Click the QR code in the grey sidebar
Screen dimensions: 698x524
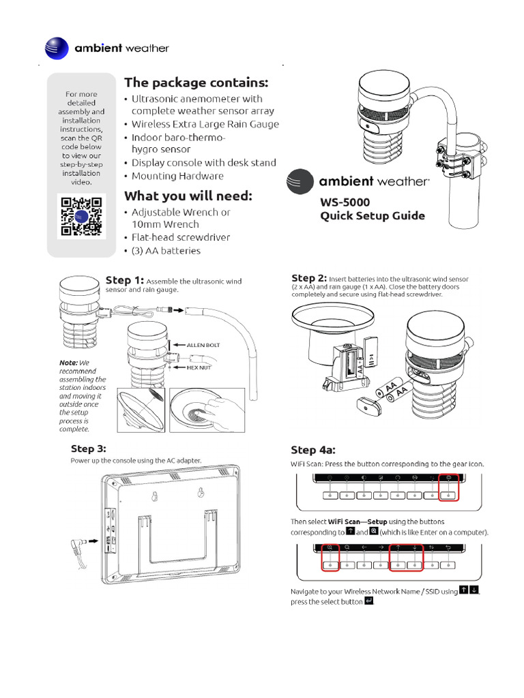tap(81, 215)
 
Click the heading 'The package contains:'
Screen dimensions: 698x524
tap(196, 82)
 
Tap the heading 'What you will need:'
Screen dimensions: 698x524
tap(188, 196)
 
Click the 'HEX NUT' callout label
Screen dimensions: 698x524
tap(201, 367)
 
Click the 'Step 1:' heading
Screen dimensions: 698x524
tap(124, 279)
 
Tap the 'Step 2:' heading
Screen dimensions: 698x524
tap(309, 278)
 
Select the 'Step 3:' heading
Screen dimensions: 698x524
tap(89, 448)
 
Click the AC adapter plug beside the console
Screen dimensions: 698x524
tap(81, 545)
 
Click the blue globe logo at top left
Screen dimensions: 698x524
tap(57, 48)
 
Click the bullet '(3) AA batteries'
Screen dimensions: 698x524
tap(166, 251)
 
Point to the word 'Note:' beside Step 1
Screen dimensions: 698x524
tap(69, 362)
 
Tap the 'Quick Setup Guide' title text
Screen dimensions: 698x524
tap(373, 216)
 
